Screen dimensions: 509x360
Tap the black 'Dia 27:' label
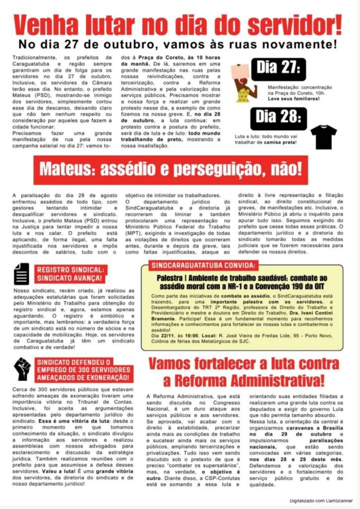pyautogui.click(x=278, y=66)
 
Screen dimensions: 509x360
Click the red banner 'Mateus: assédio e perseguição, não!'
pyautogui.click(x=171, y=170)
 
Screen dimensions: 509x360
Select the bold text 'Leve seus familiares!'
pyautogui.click(x=293, y=98)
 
